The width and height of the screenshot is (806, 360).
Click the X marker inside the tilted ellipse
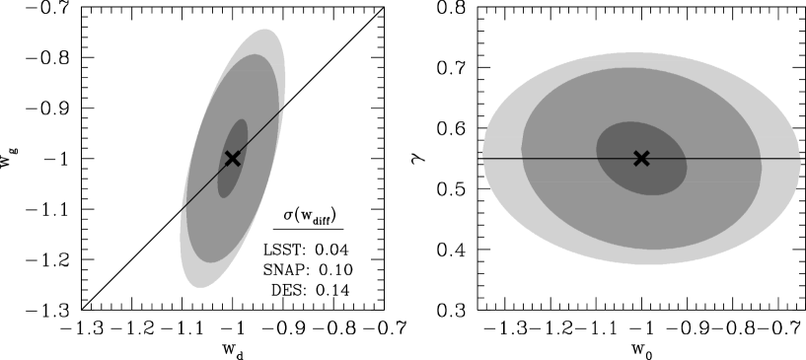pos(233,158)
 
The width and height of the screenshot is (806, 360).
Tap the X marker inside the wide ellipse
pos(641,158)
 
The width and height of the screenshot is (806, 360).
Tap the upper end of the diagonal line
pos(285,106)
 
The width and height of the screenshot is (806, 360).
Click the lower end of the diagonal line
pos(181,210)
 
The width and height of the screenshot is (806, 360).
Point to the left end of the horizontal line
pos(482,158)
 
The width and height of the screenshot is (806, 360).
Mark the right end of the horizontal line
pos(800,158)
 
